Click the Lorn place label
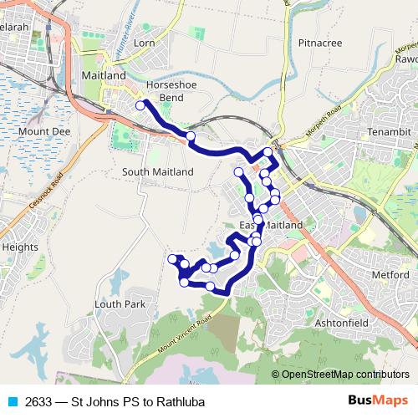click(x=144, y=42)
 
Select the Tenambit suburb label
click(x=389, y=132)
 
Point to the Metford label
click(x=390, y=273)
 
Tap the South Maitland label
click(x=157, y=171)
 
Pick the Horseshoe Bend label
click(x=170, y=91)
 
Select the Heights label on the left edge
click(x=20, y=247)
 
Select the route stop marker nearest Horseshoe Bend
click(x=140, y=105)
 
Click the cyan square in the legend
click(x=12, y=401)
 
